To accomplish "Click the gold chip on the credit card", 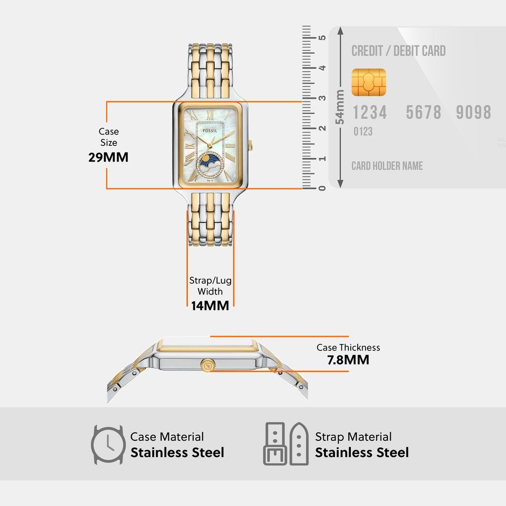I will click(369, 83).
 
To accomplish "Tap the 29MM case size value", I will click(108, 158).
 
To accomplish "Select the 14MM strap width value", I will click(210, 305).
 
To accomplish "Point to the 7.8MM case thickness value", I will click(348, 360).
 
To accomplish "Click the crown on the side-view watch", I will click(207, 366).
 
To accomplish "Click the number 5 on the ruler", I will click(322, 38).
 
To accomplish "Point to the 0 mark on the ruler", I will click(322, 188).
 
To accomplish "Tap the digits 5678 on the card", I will click(423, 113).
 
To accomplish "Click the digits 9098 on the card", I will click(473, 113).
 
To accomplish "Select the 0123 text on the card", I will click(363, 132).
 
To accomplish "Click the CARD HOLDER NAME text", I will click(387, 166).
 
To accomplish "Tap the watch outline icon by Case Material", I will click(108, 445).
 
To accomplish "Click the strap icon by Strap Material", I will click(286, 444).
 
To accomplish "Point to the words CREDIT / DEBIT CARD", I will click(398, 51).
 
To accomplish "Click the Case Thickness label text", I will click(348, 347).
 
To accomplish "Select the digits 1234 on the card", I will click(370, 113).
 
